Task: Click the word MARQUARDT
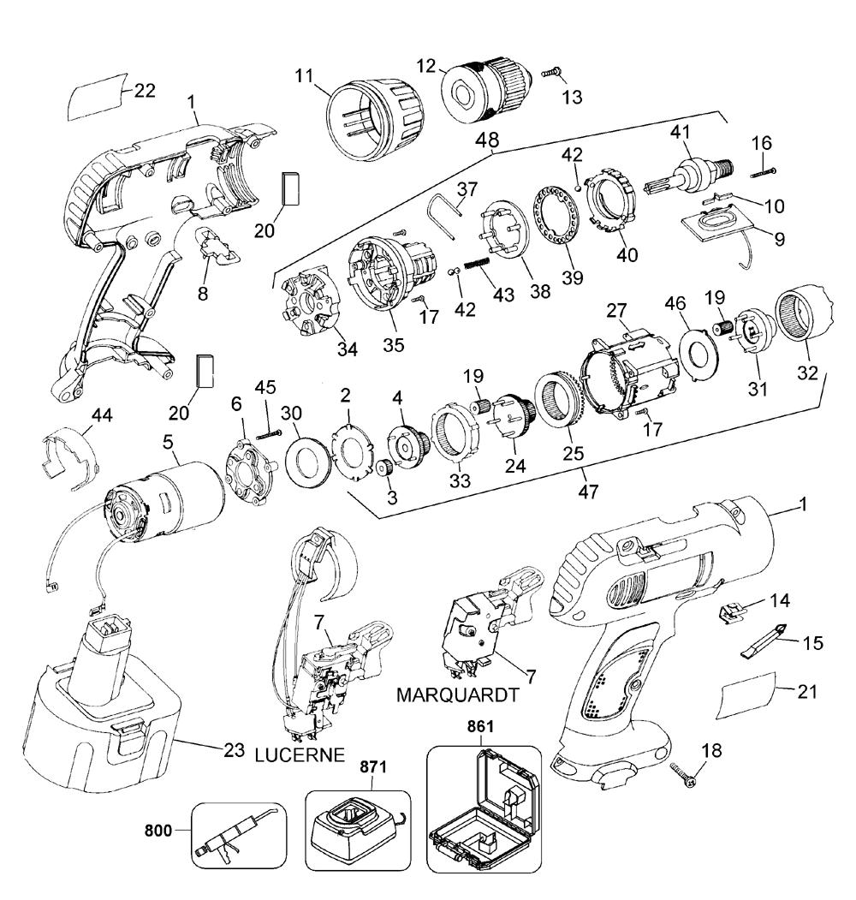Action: [x=457, y=695]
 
